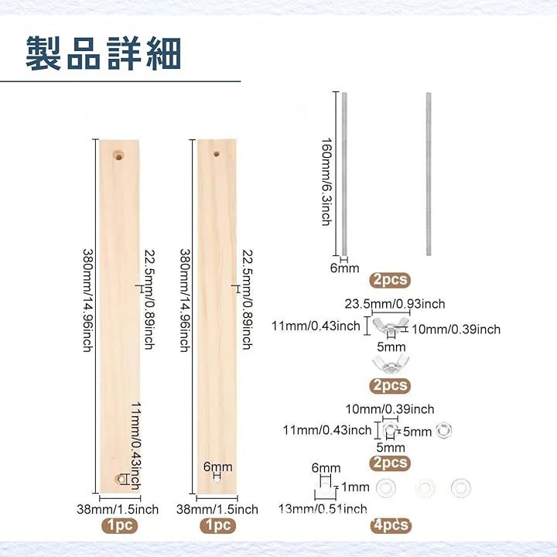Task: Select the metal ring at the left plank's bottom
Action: [x=121, y=480]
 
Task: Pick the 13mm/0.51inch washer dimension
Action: [x=323, y=508]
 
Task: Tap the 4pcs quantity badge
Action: [x=390, y=525]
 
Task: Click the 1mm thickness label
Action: [x=354, y=487]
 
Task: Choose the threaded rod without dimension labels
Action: [x=428, y=174]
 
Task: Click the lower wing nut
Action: [x=389, y=364]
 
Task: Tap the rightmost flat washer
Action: [x=462, y=488]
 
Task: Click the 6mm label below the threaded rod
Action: [x=345, y=268]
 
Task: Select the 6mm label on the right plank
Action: [x=217, y=467]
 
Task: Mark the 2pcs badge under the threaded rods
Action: [x=390, y=279]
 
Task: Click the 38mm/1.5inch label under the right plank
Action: [x=217, y=509]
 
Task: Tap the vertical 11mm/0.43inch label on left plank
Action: [x=135, y=446]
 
